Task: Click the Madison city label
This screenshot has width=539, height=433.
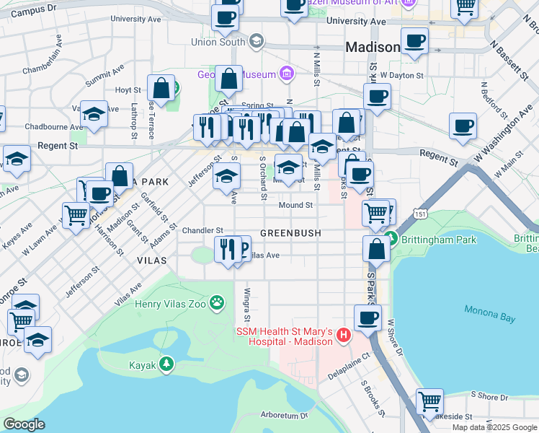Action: (x=373, y=47)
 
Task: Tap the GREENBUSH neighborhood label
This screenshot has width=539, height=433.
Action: (x=289, y=233)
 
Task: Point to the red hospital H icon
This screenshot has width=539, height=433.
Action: (x=344, y=335)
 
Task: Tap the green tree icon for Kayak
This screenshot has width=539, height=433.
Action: (x=166, y=364)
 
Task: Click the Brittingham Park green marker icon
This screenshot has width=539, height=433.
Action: (x=391, y=237)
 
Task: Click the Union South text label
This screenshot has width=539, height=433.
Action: (x=218, y=42)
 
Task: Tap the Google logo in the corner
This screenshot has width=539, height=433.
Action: (x=24, y=424)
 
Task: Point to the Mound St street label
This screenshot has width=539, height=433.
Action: (x=295, y=206)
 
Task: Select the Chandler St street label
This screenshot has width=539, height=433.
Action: (x=197, y=231)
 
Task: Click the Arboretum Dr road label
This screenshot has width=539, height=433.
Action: (x=284, y=415)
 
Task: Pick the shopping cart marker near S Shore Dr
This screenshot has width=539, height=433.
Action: (x=429, y=400)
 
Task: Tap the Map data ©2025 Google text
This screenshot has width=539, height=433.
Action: (x=494, y=427)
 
